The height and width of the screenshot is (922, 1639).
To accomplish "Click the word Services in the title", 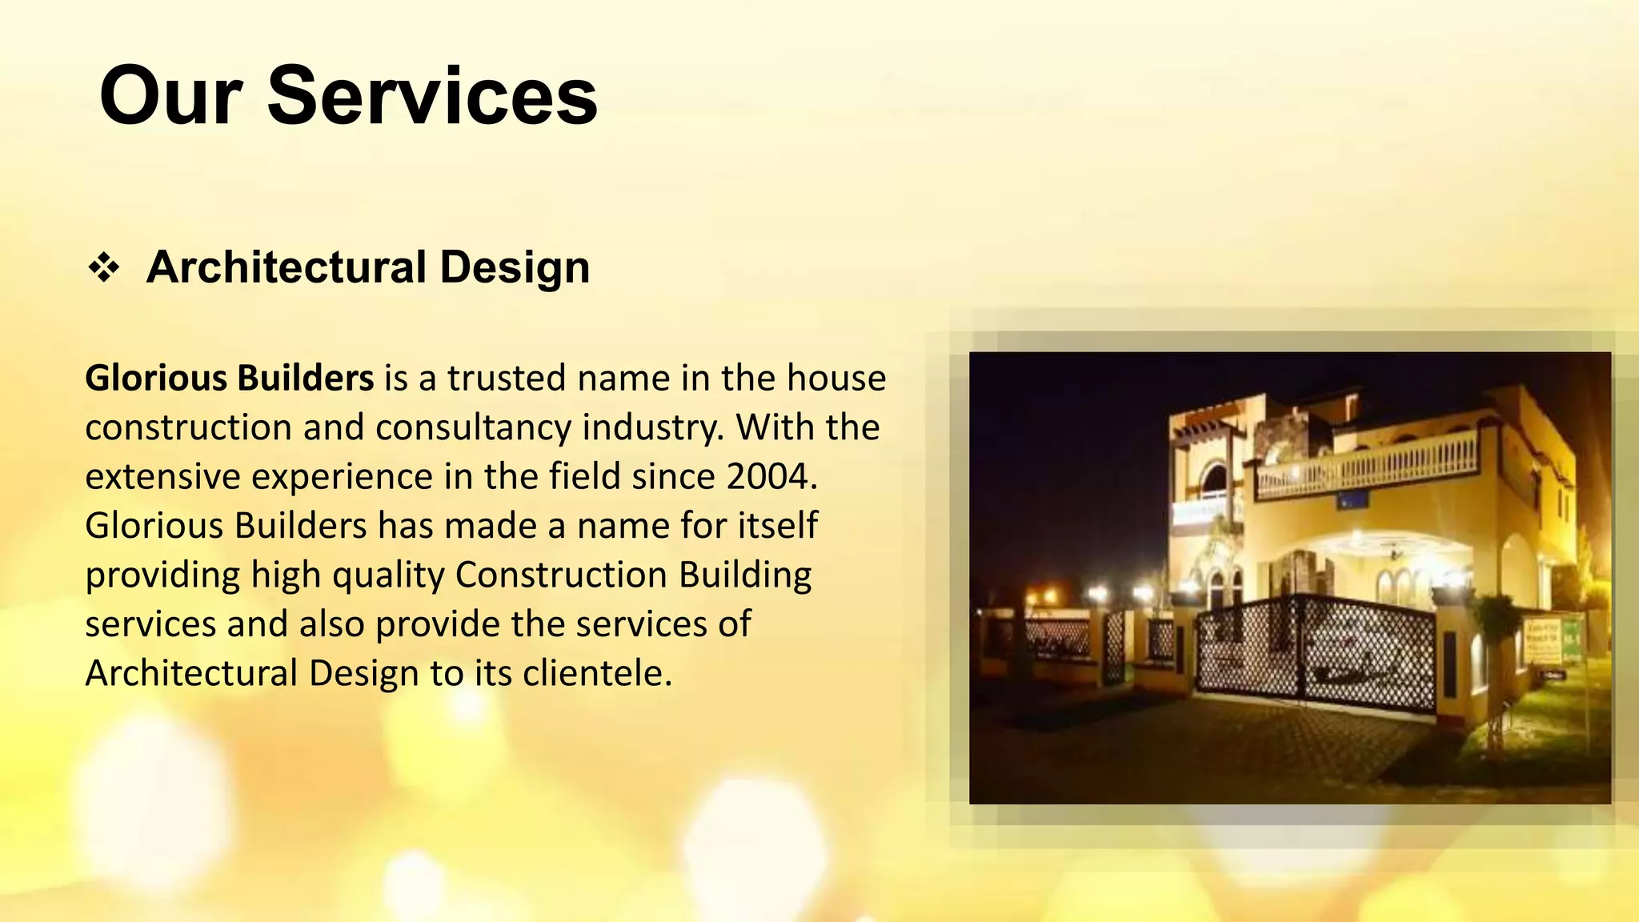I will (432, 96).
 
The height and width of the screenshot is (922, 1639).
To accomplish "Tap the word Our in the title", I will (170, 96).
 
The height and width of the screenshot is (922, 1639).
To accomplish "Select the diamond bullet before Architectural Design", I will (104, 267).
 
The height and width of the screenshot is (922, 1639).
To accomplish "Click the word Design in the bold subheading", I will (515, 267).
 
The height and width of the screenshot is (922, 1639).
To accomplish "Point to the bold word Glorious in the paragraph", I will (155, 378).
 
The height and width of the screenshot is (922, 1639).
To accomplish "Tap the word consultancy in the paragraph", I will (473, 427).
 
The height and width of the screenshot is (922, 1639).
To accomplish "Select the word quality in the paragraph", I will (388, 575).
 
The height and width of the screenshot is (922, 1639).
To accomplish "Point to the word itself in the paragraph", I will (778, 526).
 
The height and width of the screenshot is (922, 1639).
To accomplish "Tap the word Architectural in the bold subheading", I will (287, 267).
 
